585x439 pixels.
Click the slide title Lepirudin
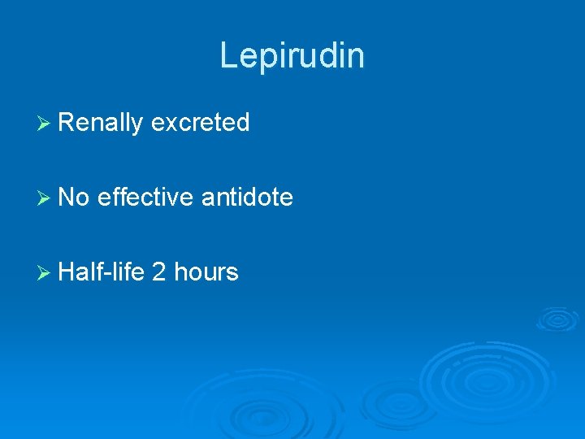[292, 56]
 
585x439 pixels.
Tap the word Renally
[101, 123]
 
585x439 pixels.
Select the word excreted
[200, 123]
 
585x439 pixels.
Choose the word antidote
[246, 198]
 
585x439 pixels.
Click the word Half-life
[102, 272]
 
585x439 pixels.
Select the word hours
[206, 272]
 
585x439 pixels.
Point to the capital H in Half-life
[67, 272]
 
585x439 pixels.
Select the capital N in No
[67, 198]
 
